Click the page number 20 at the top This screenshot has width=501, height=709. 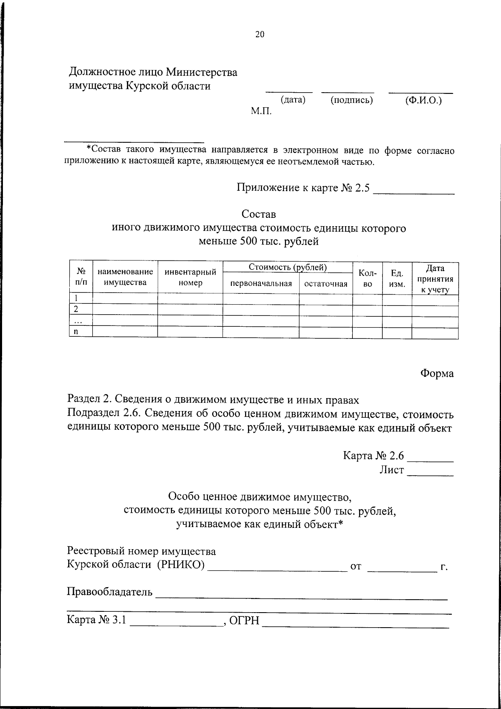(260, 35)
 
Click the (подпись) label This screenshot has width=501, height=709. (351, 100)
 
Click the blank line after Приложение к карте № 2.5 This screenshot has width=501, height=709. (414, 192)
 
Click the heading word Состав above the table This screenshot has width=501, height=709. (259, 214)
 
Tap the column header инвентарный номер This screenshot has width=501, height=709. (190, 278)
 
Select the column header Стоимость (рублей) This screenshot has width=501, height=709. (288, 267)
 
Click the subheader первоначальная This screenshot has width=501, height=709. (261, 284)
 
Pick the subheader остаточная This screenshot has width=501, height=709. (326, 284)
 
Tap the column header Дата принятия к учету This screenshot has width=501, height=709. (435, 279)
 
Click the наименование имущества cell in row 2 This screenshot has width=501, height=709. (125, 310)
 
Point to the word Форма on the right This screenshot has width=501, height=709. (437, 373)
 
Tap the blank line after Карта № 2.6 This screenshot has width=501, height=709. (430, 460)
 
